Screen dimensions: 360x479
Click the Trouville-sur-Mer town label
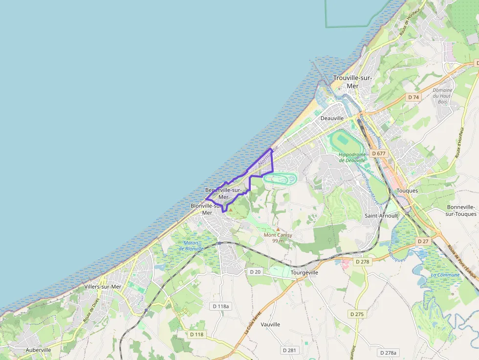[x=352, y=82]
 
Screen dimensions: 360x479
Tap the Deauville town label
[x=332, y=118]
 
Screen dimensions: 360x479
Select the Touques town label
[x=407, y=191]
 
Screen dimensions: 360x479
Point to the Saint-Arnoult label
[x=381, y=215]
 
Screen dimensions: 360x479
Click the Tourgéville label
[x=304, y=273]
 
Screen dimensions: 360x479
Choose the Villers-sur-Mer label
[x=103, y=287]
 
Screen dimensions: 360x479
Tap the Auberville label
[x=39, y=350]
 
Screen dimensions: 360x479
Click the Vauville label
[x=270, y=324]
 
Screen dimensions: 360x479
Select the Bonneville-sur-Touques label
[x=461, y=211]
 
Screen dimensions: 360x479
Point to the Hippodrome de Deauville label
[x=352, y=157]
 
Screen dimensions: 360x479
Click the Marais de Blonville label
[x=191, y=245]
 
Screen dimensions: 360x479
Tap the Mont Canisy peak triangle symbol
[x=278, y=229]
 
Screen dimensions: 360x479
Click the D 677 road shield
[x=378, y=153]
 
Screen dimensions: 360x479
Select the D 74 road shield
[x=414, y=97]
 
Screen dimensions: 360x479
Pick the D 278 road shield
[x=363, y=262]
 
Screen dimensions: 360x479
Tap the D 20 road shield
[x=255, y=271]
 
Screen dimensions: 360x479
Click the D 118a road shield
[x=221, y=306]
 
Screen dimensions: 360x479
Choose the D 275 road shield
[x=357, y=314]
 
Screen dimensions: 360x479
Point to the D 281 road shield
[x=289, y=350]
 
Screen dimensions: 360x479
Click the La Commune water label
[x=445, y=275]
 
